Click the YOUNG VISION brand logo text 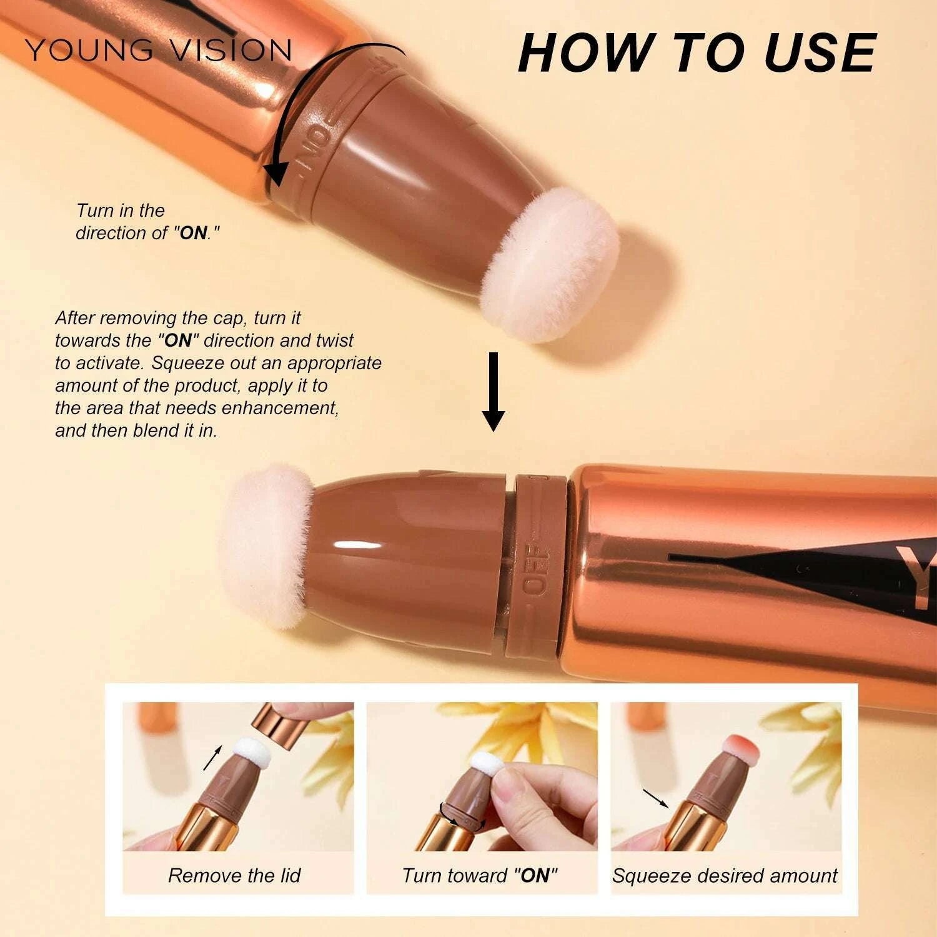(159, 51)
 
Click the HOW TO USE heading (697, 52)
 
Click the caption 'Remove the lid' (234, 875)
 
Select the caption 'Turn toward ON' (480, 875)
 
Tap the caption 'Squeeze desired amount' (725, 875)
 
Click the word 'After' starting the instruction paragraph (75, 318)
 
